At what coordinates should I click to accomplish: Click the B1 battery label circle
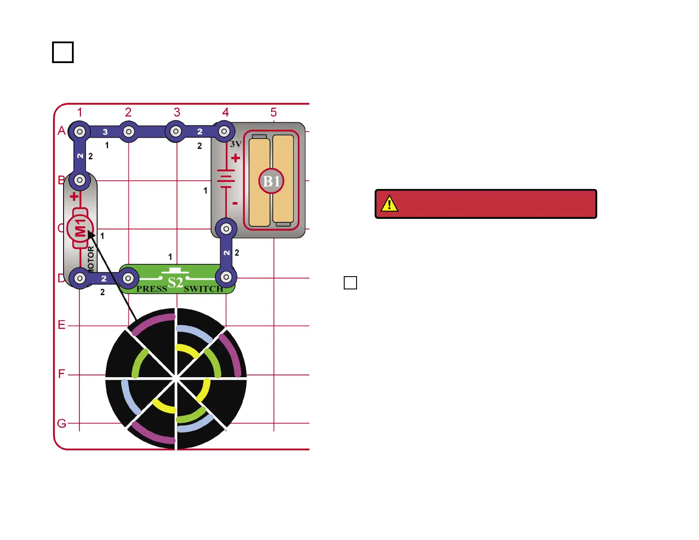click(271, 181)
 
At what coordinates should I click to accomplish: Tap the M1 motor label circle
click(80, 229)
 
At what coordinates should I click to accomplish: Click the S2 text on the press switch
click(175, 282)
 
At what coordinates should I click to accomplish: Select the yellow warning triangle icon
click(389, 203)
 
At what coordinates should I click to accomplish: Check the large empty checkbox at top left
click(63, 52)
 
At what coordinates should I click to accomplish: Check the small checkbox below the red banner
click(350, 283)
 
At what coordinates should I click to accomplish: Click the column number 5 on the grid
click(274, 112)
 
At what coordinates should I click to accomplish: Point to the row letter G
click(61, 423)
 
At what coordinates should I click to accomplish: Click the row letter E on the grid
click(61, 325)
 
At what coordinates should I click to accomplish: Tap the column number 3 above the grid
click(177, 112)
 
